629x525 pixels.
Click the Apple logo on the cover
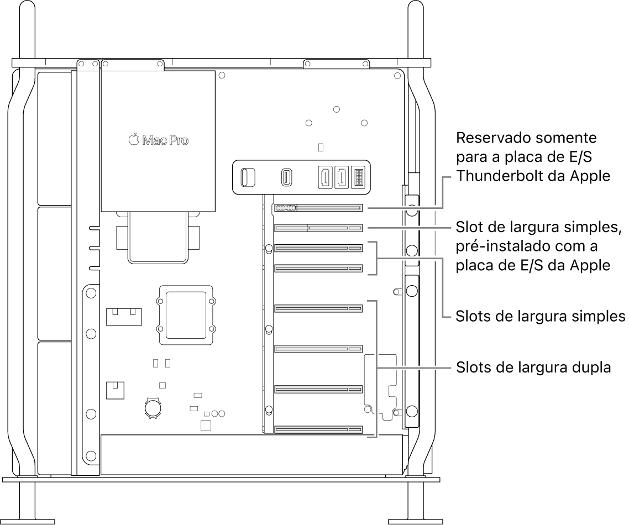click(x=133, y=140)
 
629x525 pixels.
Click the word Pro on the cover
click(x=179, y=140)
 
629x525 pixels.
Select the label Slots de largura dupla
click(x=533, y=368)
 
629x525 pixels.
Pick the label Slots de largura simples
click(x=540, y=317)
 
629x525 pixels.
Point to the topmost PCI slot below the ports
click(x=318, y=208)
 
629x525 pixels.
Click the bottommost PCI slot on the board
click(x=318, y=429)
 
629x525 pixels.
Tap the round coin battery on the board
click(x=152, y=407)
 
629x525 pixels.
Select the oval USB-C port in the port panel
click(x=287, y=177)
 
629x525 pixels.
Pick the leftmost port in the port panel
click(x=247, y=177)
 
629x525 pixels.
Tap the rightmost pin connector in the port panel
click(x=358, y=177)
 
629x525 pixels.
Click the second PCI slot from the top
click(x=318, y=228)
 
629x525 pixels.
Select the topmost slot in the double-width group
click(x=318, y=307)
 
